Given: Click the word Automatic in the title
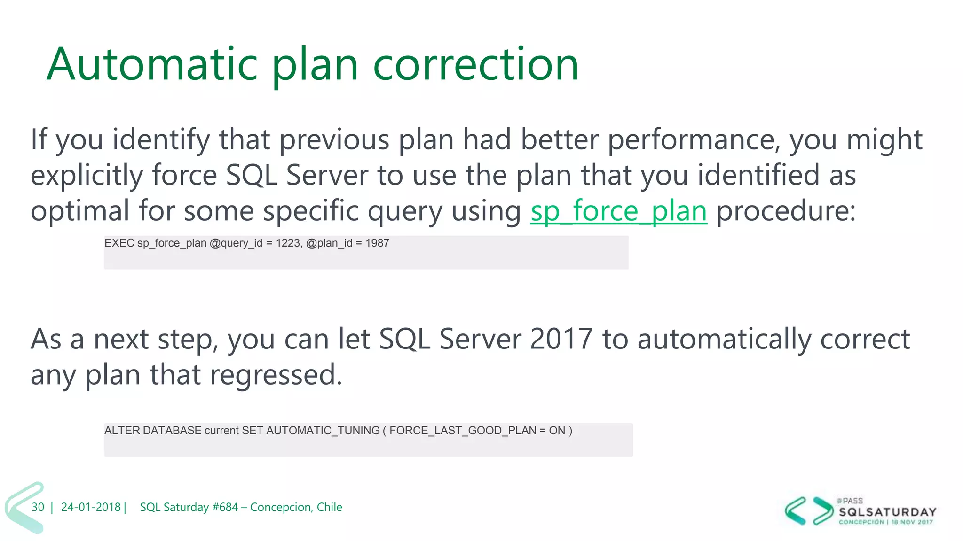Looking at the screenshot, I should [152, 64].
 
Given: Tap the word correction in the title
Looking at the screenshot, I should [475, 64].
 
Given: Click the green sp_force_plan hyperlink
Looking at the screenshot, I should [618, 211].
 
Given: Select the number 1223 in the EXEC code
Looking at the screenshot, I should [288, 243].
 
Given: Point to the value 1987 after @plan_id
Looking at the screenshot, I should [377, 243].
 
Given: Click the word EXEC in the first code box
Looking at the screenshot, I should [119, 243].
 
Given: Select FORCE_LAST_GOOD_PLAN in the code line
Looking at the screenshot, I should [462, 431].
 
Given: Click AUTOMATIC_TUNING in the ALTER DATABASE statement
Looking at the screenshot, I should [323, 431].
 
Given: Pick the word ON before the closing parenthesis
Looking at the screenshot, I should [557, 431].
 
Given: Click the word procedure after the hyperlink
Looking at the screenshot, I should [785, 211].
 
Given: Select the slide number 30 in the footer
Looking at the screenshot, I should [38, 507].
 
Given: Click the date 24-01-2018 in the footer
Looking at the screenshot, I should [91, 507].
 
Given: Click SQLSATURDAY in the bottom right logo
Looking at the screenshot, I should [887, 512].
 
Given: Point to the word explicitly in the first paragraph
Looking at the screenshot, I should [87, 176].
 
